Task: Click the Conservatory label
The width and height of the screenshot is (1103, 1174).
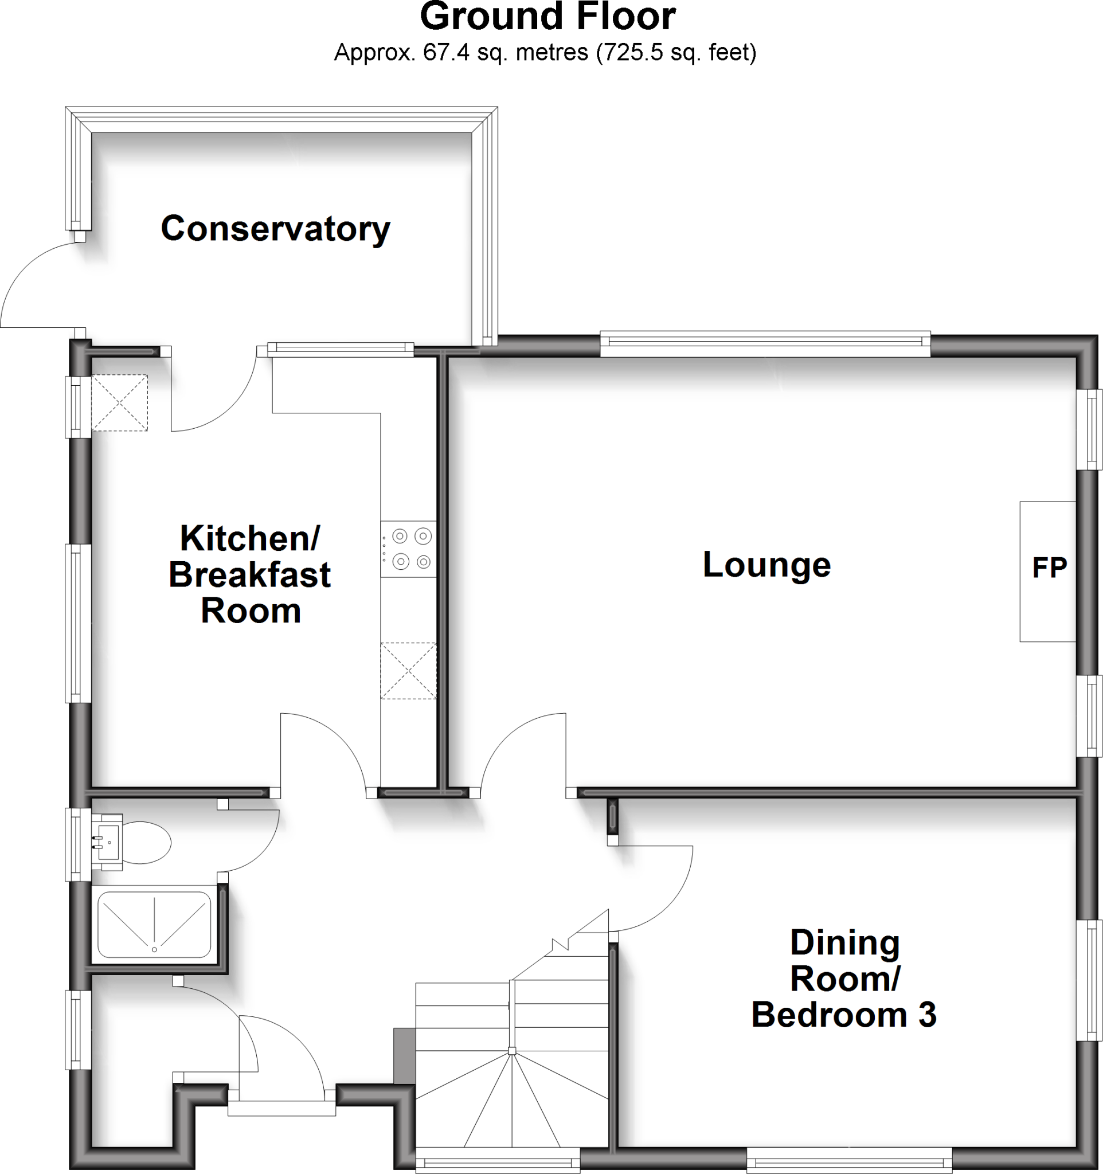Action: coord(275,229)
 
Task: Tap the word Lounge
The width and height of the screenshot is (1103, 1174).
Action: coord(766,565)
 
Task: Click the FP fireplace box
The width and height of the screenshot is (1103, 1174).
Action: coord(1048,570)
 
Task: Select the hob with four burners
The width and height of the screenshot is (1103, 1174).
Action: coord(408,549)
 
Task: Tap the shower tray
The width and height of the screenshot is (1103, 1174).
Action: coord(154,925)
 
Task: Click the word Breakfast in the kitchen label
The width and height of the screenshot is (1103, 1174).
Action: coord(250,575)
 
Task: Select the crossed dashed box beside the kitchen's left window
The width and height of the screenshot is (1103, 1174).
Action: coord(119,403)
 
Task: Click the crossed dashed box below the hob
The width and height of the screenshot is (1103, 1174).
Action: coord(408,671)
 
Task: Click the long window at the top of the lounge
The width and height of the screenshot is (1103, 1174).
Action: coord(765,345)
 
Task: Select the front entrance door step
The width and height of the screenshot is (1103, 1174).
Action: coord(281,1109)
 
